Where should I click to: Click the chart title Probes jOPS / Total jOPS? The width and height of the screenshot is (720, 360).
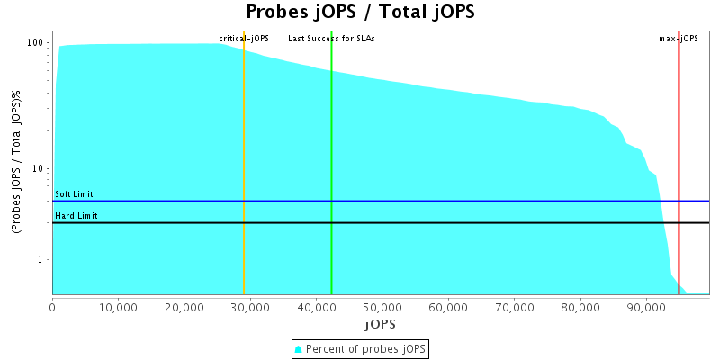360,13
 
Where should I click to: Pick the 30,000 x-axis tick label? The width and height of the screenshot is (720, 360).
250,307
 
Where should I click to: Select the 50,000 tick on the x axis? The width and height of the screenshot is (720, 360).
382,307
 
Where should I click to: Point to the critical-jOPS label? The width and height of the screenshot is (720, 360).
244,39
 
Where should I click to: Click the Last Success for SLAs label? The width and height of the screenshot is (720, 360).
331,39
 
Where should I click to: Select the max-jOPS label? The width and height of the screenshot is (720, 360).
679,39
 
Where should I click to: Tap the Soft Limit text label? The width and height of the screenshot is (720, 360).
74,194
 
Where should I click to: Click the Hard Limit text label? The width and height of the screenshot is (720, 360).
76,216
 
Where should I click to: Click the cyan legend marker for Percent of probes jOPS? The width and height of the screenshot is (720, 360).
299,348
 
